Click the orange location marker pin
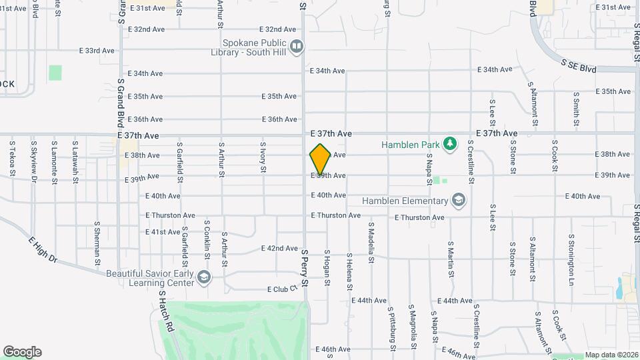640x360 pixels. (x=320, y=159)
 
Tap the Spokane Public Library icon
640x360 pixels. (x=297, y=46)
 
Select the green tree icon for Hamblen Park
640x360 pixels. (x=451, y=144)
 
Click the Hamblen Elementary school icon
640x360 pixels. (x=458, y=200)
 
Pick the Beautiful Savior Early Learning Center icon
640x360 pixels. (x=203, y=277)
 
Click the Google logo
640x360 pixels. (x=22, y=352)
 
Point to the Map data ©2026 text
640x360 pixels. (x=611, y=355)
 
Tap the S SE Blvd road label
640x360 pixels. (x=579, y=66)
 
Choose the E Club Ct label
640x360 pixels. (x=281, y=289)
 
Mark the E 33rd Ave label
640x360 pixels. (x=97, y=51)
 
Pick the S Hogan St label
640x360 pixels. (x=327, y=267)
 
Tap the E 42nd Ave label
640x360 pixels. (x=279, y=248)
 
